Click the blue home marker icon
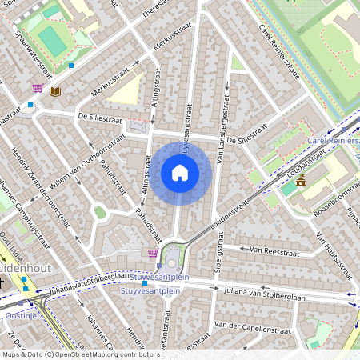(180, 172)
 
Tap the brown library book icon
(54, 92)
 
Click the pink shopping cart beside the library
(38, 88)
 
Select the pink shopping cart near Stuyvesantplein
(152, 253)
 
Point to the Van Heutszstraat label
(334, 253)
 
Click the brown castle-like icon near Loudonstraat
(301, 181)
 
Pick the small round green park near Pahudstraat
(100, 212)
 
